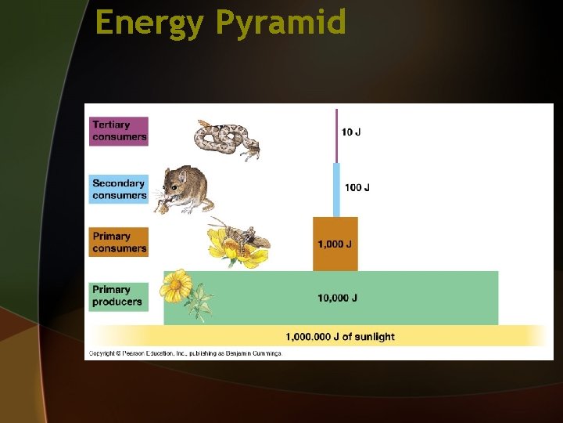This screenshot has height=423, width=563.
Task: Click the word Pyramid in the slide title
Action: (x=280, y=23)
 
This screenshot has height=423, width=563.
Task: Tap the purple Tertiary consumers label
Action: (x=119, y=130)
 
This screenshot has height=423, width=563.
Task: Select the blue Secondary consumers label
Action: (x=119, y=189)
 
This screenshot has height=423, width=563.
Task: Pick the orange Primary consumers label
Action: (x=119, y=242)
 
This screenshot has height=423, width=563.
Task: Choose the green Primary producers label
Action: (x=118, y=295)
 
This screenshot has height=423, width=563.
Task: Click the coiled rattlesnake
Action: (x=225, y=139)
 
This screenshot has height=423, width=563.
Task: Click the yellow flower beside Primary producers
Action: (x=177, y=284)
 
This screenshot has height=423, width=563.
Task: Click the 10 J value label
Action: (x=351, y=132)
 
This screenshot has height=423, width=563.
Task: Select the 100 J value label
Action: (x=357, y=188)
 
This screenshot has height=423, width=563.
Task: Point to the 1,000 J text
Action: (x=335, y=244)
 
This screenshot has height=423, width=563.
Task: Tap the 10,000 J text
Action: (x=337, y=298)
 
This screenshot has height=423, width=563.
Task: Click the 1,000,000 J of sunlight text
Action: (x=339, y=337)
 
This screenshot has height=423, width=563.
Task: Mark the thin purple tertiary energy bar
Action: (x=336, y=136)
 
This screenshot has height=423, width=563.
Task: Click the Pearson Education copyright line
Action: (x=185, y=354)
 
